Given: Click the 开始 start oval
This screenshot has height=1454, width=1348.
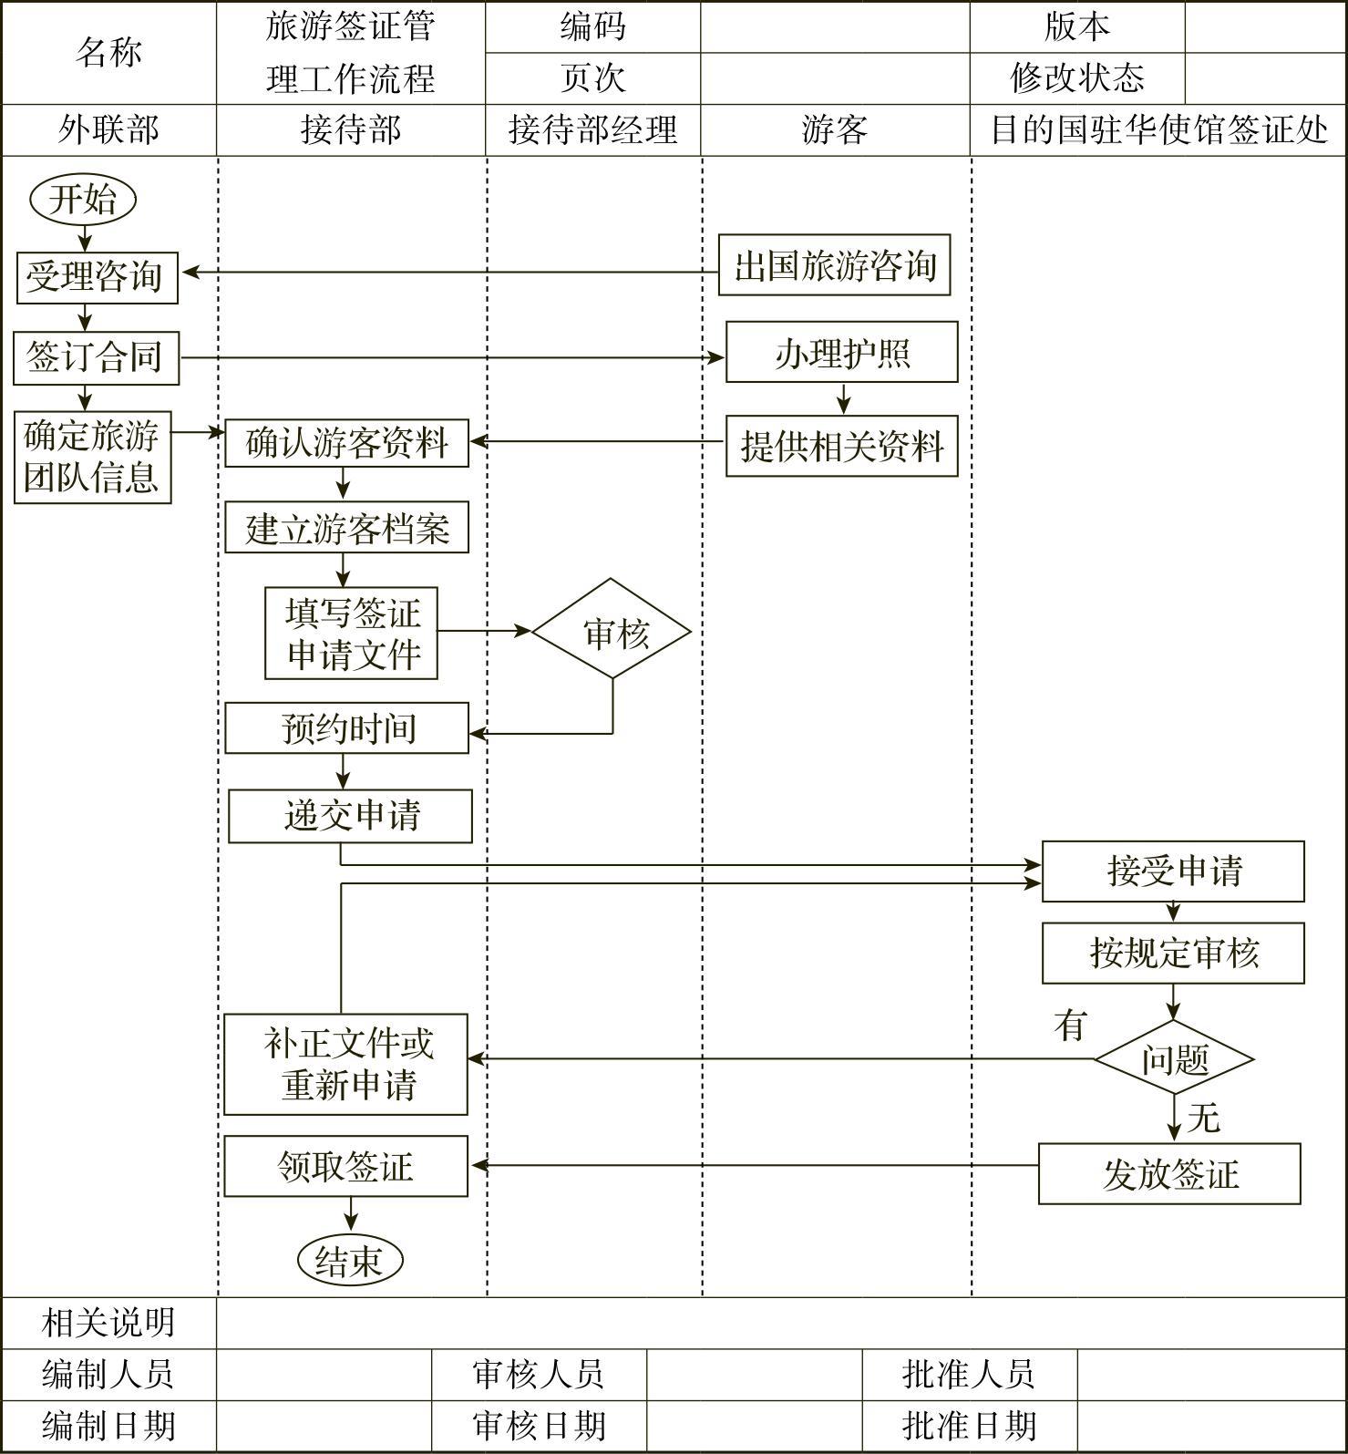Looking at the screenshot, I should pyautogui.click(x=83, y=200).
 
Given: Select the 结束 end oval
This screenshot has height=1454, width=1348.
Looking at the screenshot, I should pyautogui.click(x=350, y=1260).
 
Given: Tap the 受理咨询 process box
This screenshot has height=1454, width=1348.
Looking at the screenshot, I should pyautogui.click(x=97, y=277).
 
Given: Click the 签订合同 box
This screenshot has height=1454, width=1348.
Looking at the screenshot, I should pyautogui.click(x=96, y=357).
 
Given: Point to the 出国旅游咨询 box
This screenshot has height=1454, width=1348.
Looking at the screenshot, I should pyautogui.click(x=834, y=265).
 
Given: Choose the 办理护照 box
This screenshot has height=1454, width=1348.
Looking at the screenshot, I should pyautogui.click(x=841, y=352).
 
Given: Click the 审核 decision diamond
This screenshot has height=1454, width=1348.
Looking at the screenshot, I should pyautogui.click(x=612, y=630).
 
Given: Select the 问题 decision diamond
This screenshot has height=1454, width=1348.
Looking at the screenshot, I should pyautogui.click(x=1174, y=1058).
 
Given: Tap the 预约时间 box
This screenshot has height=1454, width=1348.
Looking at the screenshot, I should pyautogui.click(x=346, y=727).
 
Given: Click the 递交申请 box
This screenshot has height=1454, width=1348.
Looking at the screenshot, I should pyautogui.click(x=350, y=816).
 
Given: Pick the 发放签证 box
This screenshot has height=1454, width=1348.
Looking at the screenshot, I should pyautogui.click(x=1169, y=1173).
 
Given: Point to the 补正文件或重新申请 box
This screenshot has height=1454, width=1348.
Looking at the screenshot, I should pyautogui.click(x=346, y=1064).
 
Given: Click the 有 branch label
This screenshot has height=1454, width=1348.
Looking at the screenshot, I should pyautogui.click(x=1071, y=1026).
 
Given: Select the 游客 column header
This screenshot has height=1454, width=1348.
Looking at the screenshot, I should pyautogui.click(x=835, y=129).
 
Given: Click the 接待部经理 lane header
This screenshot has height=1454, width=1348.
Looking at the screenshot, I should pyautogui.click(x=592, y=129).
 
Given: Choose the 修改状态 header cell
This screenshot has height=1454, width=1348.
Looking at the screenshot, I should pyautogui.click(x=1076, y=78).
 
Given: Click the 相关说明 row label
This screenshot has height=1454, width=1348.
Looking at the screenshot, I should pyautogui.click(x=108, y=1322).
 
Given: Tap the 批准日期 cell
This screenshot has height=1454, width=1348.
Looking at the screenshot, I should pyautogui.click(x=969, y=1426).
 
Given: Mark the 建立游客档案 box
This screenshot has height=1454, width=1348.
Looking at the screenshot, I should pyautogui.click(x=346, y=528).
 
